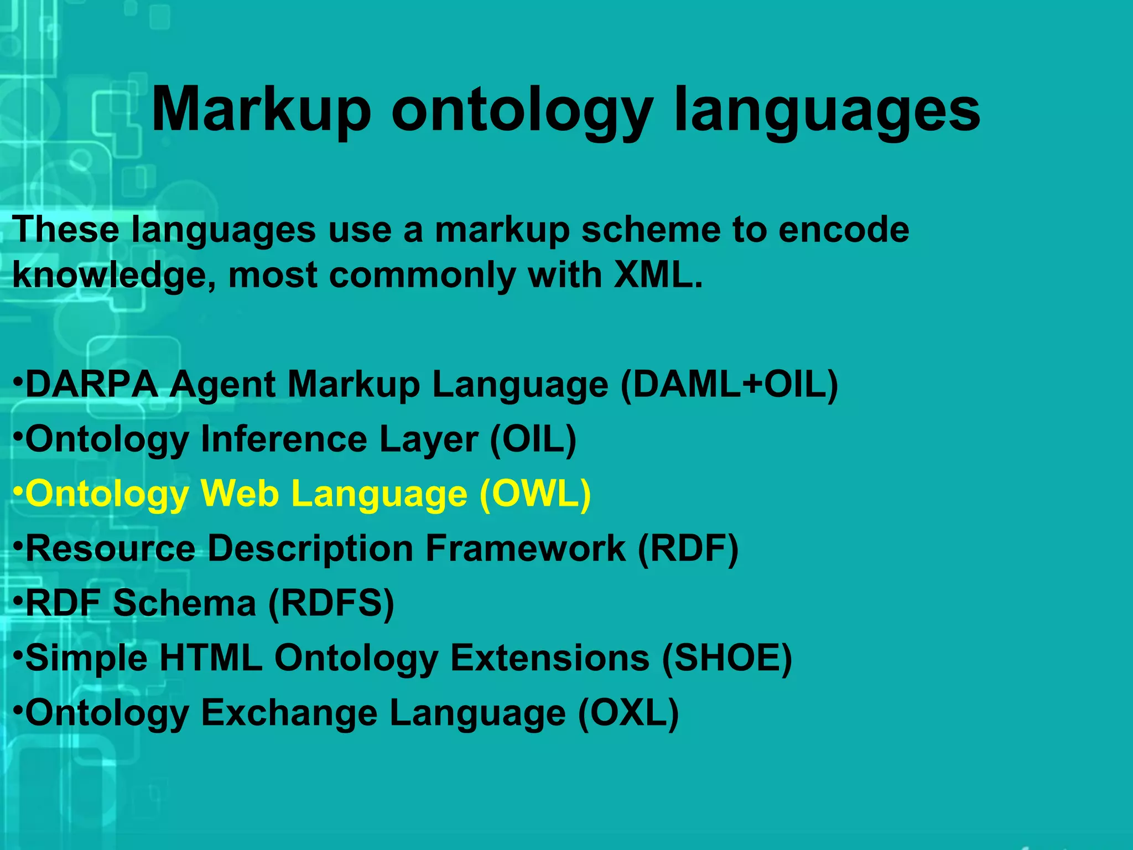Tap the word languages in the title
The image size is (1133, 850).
(827, 111)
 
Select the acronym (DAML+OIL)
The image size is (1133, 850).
(729, 384)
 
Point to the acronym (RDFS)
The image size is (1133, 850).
(331, 603)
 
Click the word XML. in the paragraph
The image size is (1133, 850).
(658, 275)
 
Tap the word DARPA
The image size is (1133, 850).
(92, 384)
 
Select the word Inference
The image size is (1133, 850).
(284, 439)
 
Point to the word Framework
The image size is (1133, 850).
(526, 548)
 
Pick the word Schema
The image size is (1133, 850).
(185, 603)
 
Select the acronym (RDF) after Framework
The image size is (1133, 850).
(688, 548)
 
